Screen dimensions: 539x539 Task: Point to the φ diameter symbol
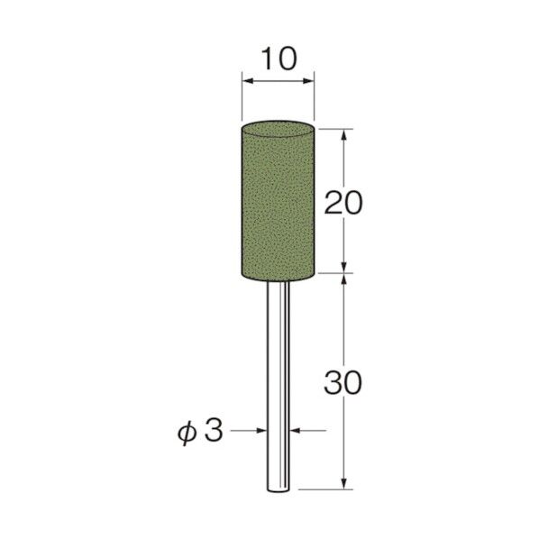pyautogui.click(x=184, y=432)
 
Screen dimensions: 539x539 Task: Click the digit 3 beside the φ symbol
pyautogui.click(x=213, y=432)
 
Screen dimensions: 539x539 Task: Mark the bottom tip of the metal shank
pyautogui.click(x=278, y=489)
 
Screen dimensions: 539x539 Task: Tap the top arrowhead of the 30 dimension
pyautogui.click(x=343, y=278)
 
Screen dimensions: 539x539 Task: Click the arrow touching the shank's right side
pyautogui.click(x=294, y=432)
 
